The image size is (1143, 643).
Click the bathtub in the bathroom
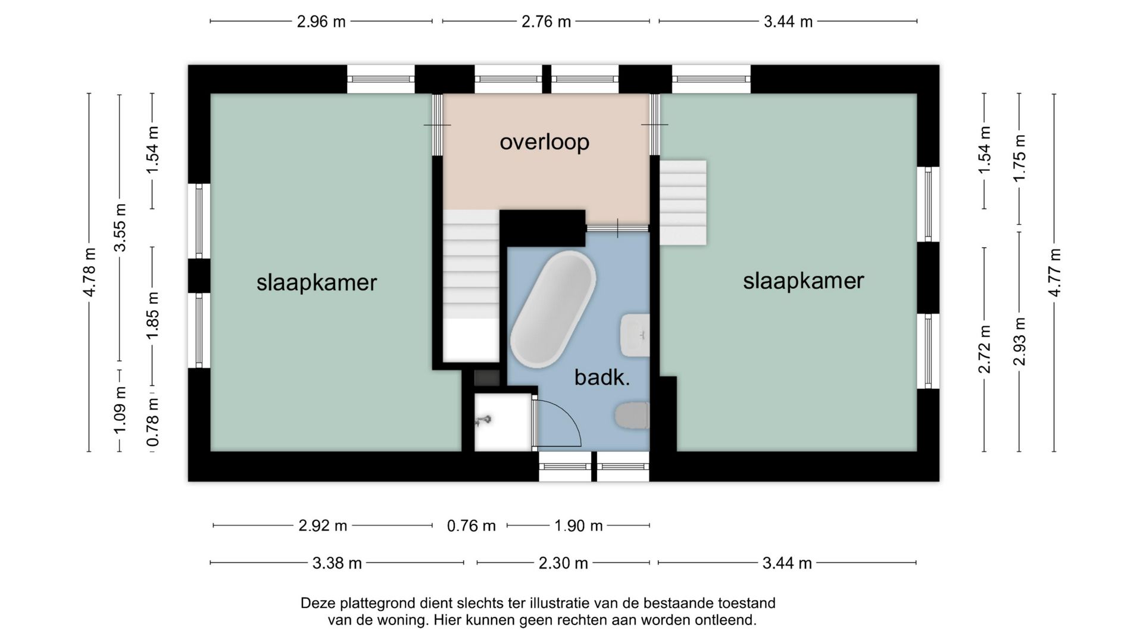coord(552,309)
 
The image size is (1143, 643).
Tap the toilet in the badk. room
coord(632,415)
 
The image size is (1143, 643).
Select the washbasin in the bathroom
coord(635,335)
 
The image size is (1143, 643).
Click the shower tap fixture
coord(483,421)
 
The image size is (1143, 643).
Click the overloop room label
coord(544,142)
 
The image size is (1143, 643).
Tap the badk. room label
coord(602,377)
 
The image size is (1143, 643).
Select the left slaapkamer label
coord(317,282)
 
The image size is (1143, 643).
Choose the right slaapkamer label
coord(803,280)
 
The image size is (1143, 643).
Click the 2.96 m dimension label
coord(321,22)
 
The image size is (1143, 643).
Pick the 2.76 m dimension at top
coord(546,22)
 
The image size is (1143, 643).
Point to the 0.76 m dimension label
coord(471,526)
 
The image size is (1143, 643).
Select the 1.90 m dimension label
coord(578,526)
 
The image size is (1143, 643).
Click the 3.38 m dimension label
coord(337,563)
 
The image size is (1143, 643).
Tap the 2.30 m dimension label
coord(563,563)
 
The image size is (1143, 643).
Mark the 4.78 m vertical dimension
coord(89,272)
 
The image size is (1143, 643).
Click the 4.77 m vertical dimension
coord(1054,272)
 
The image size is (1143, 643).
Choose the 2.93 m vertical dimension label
coord(1019,341)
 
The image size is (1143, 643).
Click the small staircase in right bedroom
coord(683,202)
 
